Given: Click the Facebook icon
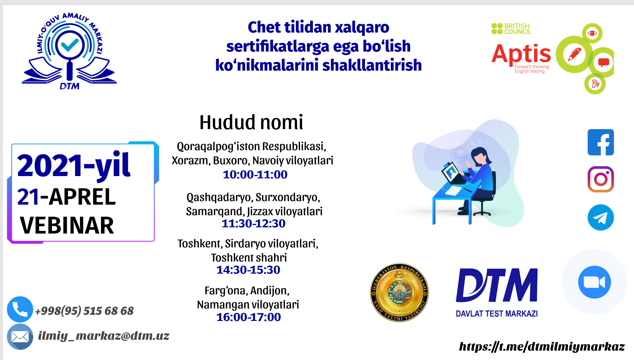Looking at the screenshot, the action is [x=600, y=142].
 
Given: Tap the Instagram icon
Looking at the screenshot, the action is [x=600, y=179].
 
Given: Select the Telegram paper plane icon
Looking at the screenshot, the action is [x=600, y=217].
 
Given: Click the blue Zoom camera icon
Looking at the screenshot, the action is [x=594, y=282].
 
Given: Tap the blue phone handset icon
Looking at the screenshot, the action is [x=20, y=309].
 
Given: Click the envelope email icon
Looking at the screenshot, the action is [x=20, y=337].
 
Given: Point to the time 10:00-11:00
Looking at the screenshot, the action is [x=255, y=174].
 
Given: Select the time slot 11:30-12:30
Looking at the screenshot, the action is [x=253, y=223].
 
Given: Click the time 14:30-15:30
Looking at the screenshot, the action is [x=248, y=270].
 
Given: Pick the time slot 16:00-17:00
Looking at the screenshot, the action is [x=248, y=317].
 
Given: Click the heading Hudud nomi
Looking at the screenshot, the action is [x=251, y=122].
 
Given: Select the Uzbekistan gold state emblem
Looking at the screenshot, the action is [x=399, y=292].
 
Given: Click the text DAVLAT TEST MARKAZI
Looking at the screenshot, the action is [x=497, y=314].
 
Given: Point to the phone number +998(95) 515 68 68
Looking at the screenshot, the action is [x=84, y=311].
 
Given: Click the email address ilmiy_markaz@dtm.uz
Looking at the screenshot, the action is [x=104, y=336].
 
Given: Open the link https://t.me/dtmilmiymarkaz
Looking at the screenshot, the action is [x=542, y=347].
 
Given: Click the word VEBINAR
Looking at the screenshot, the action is [x=67, y=225].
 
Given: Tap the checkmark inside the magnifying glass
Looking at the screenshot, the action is [x=70, y=45].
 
